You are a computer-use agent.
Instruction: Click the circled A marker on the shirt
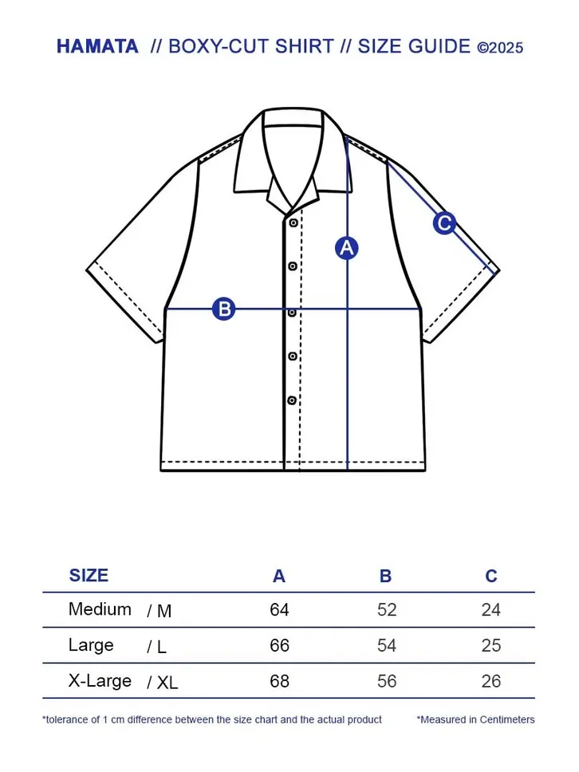347,248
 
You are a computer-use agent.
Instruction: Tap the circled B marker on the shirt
224,309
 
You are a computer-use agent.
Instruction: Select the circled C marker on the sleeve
444,223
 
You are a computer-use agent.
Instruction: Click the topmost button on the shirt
293,223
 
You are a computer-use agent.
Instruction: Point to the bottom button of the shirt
292,400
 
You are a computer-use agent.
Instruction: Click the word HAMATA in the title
97,46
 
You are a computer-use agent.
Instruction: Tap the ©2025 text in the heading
500,48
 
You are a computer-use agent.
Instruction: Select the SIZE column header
89,575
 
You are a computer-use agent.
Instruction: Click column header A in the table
279,576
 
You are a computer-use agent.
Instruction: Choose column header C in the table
490,576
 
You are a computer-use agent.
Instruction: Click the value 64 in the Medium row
279,609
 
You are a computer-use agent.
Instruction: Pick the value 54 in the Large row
387,645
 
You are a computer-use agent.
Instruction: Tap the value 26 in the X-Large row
490,681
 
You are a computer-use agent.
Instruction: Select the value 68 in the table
279,681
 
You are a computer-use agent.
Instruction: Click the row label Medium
100,609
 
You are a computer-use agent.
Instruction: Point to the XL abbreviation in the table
167,683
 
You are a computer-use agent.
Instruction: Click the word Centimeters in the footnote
507,719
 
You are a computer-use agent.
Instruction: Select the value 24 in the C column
490,609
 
